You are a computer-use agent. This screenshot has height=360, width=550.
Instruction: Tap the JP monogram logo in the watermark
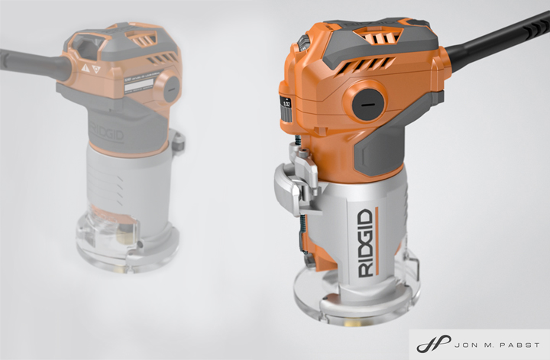click(428, 343)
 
